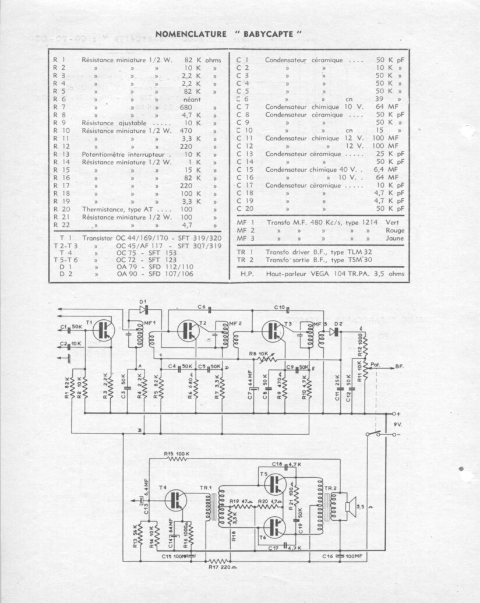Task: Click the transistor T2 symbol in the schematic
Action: coord(188,330)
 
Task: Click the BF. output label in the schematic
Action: coord(400,366)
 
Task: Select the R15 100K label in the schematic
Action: coord(177,453)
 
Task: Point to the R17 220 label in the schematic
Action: coord(219,564)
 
